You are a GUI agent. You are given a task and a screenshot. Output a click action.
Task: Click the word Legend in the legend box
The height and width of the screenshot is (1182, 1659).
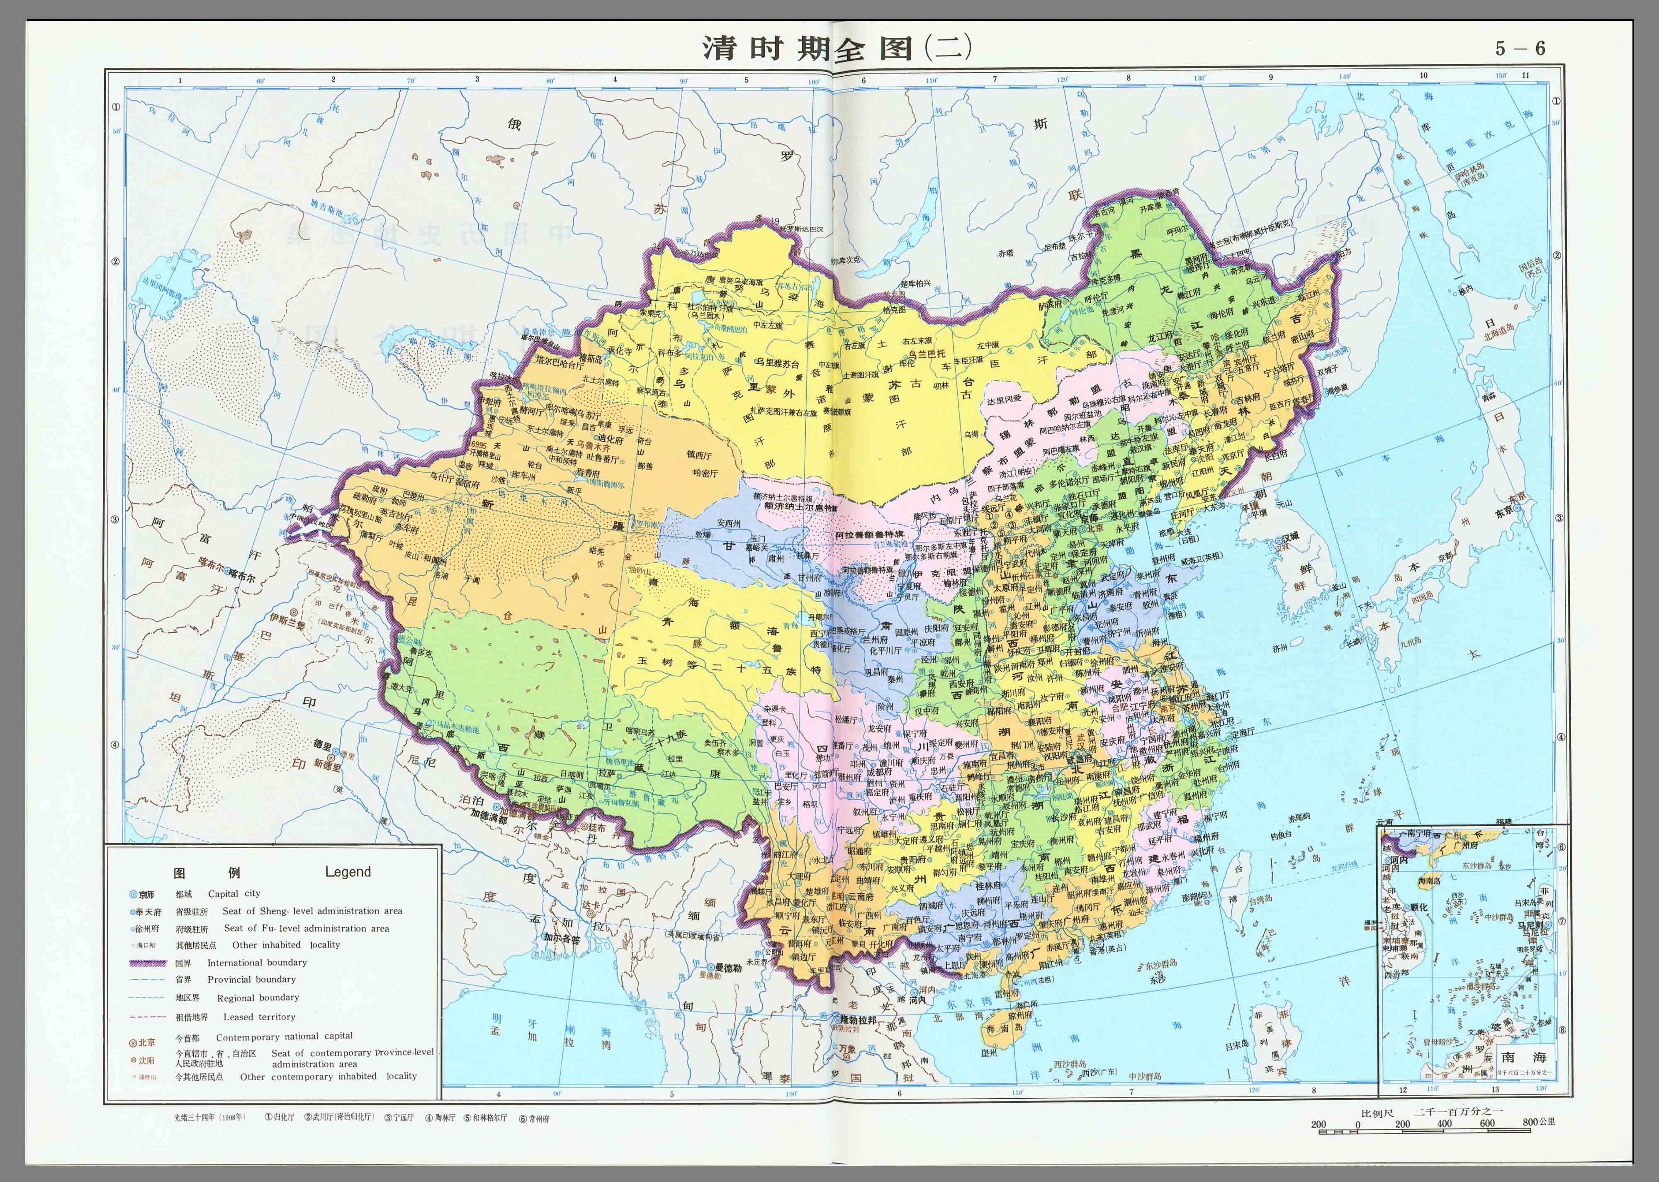[348, 872]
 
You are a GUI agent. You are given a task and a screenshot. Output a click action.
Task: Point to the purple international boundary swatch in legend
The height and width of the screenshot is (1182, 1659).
[150, 963]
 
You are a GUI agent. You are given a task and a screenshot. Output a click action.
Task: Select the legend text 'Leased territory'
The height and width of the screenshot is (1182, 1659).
[259, 1017]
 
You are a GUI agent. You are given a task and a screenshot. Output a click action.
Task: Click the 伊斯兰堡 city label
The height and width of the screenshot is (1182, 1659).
[287, 619]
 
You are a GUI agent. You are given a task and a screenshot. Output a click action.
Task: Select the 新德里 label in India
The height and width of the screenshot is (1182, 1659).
[327, 765]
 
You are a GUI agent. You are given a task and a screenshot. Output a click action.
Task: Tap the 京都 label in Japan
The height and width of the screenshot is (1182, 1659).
[1446, 557]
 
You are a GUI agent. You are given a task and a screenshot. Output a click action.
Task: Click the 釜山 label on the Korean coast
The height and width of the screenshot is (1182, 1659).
[1339, 586]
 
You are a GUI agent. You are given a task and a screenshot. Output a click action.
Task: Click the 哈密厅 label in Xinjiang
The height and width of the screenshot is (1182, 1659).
[704, 473]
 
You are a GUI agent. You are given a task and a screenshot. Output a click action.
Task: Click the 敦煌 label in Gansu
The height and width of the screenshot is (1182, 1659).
[701, 535]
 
